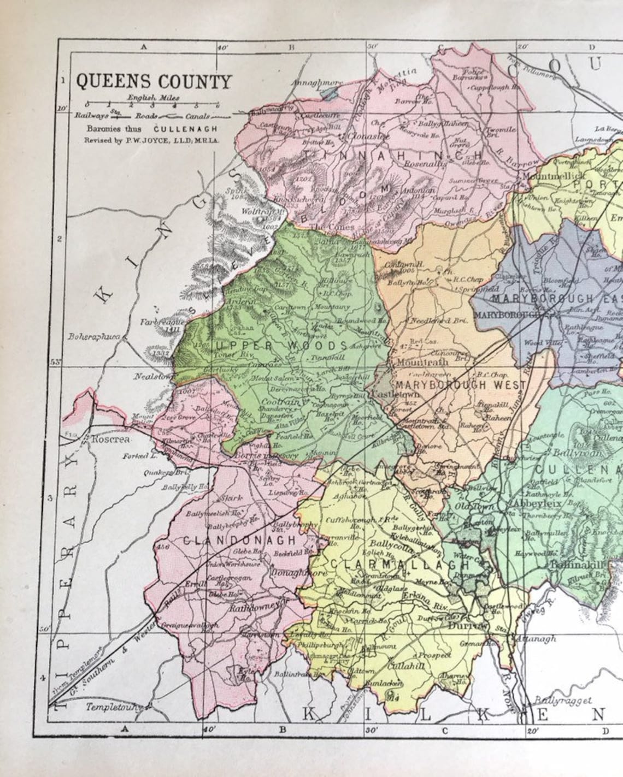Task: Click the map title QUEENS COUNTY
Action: click(154, 81)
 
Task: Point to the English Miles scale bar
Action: click(152, 105)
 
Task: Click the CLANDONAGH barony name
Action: click(239, 540)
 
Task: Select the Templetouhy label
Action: click(114, 707)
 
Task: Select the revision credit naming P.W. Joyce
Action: click(151, 140)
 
